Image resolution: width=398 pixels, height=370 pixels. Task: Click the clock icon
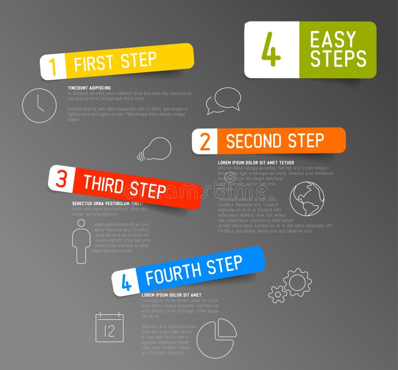[39, 106]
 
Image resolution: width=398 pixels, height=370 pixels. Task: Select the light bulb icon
[155, 149]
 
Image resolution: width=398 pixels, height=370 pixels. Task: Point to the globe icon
[306, 199]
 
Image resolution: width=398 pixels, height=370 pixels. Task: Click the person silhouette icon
[81, 242]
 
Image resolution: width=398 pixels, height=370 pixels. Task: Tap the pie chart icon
[216, 338]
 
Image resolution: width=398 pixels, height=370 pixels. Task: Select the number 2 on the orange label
[205, 142]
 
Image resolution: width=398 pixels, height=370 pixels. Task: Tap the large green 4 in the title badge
[271, 49]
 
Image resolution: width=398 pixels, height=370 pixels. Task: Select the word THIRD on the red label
[103, 185]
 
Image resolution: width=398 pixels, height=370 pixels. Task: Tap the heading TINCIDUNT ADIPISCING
[90, 88]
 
